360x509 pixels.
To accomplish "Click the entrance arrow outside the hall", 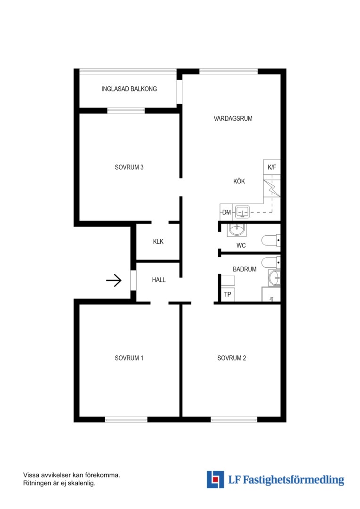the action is [114, 280].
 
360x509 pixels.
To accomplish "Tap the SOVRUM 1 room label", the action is [129, 358].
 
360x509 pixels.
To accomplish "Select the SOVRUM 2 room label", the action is [231, 358].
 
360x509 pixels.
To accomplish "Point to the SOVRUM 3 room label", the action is [129, 167].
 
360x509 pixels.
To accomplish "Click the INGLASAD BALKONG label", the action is [129, 89].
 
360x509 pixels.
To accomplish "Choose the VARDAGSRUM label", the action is [233, 118].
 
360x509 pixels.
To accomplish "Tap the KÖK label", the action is [239, 181].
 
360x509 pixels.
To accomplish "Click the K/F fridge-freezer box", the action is [272, 167].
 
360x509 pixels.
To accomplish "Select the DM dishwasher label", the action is [226, 212].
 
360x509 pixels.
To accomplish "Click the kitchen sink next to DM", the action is [242, 212].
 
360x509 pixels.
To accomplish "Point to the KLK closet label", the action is [158, 241].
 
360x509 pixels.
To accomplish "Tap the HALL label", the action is [159, 280].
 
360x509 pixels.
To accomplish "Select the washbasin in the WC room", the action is [237, 230].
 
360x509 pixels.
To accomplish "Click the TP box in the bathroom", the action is [228, 295].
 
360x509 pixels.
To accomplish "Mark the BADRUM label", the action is [245, 269].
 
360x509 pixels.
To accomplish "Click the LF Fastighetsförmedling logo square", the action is [215, 479].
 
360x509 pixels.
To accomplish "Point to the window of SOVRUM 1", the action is [126, 419].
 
